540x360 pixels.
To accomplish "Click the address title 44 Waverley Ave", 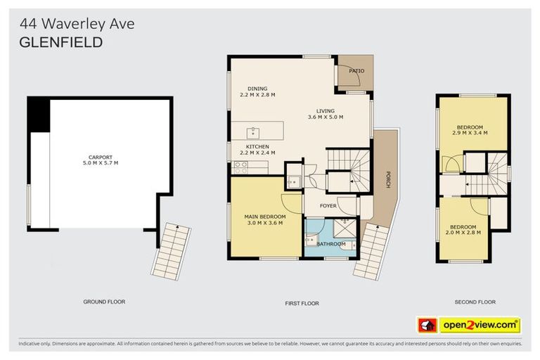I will (75, 24).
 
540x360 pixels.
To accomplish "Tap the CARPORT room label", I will (101, 157).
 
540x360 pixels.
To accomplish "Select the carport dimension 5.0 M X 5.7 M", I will (101, 163).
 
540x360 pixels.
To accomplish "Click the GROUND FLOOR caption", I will (104, 302).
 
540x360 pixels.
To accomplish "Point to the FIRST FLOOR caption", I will (301, 303).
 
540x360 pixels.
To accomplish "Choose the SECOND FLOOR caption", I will (474, 302).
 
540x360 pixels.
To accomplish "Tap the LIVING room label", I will (326, 110).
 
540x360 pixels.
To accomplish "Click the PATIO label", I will (356, 71).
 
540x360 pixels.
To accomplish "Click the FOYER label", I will (328, 206).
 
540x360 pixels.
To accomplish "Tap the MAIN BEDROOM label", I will (264, 216).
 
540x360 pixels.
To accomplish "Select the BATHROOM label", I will (330, 244).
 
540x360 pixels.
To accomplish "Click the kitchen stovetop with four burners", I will (240, 167).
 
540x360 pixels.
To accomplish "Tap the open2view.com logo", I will (480, 325).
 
